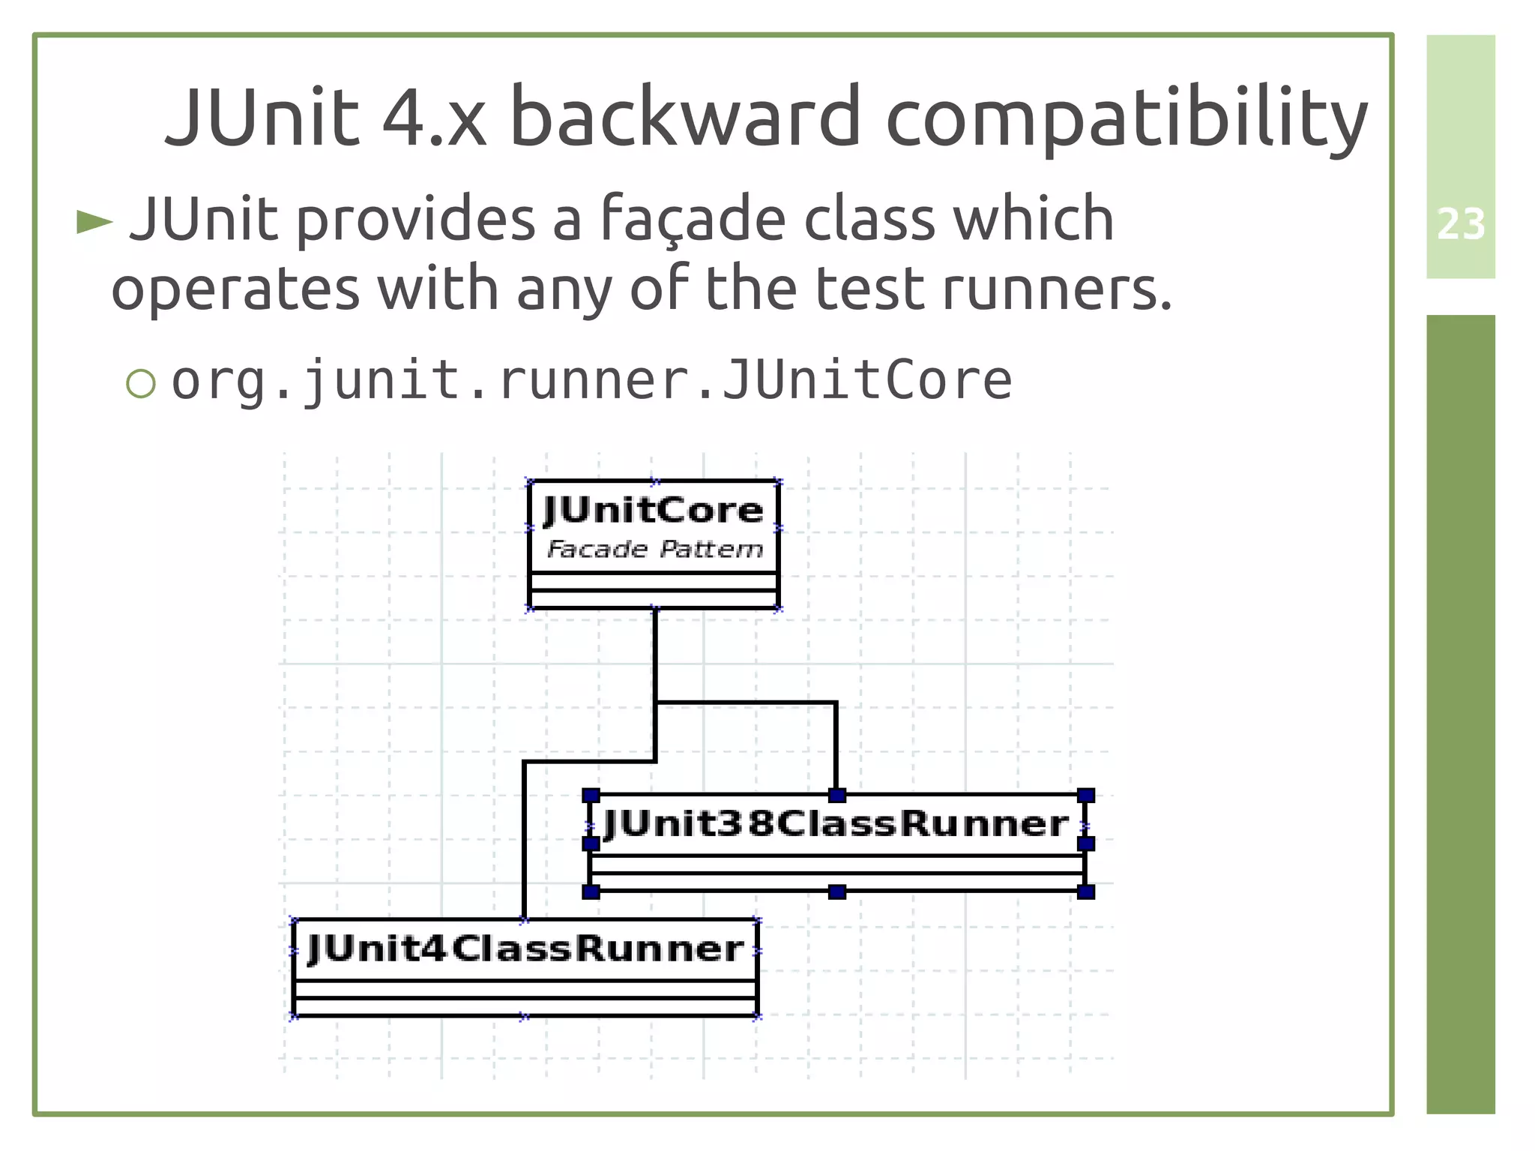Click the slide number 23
[1460, 224]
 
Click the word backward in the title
[684, 118]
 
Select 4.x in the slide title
[433, 118]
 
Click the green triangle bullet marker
[94, 222]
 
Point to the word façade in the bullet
[693, 220]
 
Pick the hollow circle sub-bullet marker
[141, 383]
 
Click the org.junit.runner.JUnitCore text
[591, 380]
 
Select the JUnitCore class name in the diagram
[653, 511]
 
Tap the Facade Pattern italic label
[654, 550]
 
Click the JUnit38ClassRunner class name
[836, 824]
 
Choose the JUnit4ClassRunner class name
[525, 949]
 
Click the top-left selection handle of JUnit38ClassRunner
[591, 795]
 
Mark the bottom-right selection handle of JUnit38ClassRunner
[1085, 892]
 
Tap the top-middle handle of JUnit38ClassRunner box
[837, 795]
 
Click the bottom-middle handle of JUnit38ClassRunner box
[837, 892]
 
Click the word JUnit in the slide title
[262, 118]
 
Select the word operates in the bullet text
[235, 289]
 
